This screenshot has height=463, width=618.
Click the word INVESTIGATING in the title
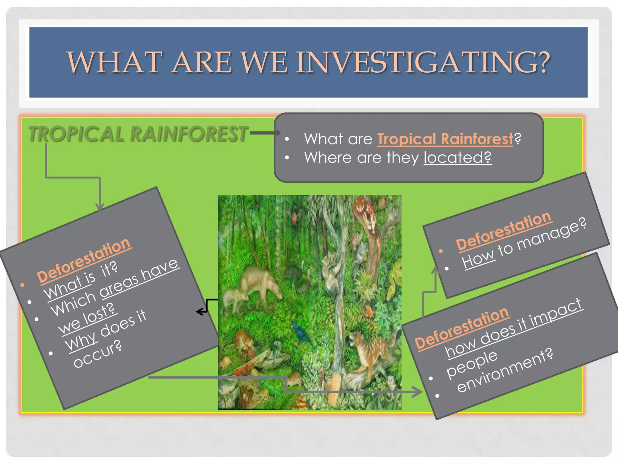(423, 62)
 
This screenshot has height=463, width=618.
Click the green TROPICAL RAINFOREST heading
(138, 134)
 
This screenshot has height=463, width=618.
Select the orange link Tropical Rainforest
(445, 139)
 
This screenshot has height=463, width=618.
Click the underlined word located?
(457, 157)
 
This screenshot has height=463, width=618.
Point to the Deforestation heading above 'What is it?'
(84, 260)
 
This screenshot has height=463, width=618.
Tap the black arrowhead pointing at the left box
(199, 312)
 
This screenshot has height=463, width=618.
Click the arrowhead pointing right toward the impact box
(418, 392)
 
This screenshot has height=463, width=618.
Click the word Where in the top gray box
(327, 157)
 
